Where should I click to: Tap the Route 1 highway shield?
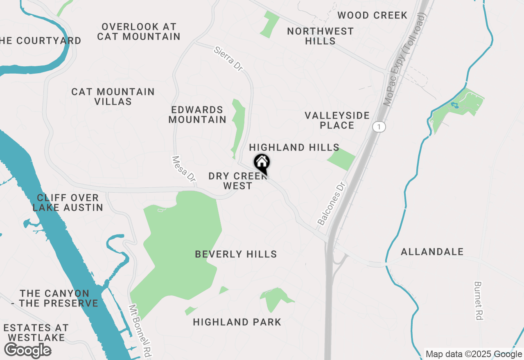click(379, 127)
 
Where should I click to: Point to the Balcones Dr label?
click(332, 203)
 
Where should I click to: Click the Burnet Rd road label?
click(479, 300)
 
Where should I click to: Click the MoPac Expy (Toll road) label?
click(405, 59)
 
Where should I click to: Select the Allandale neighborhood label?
click(432, 252)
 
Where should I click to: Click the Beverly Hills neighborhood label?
click(236, 254)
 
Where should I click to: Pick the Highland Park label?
click(237, 322)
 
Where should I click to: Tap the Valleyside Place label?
click(337, 120)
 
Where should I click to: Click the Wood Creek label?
click(372, 16)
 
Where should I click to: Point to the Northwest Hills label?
click(320, 36)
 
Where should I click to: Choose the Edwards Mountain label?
click(197, 115)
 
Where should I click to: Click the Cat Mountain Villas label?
click(113, 97)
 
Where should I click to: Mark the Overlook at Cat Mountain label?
click(139, 32)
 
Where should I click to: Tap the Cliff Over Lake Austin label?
click(68, 202)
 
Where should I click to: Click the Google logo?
click(27, 351)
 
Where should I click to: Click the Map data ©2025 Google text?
click(474, 354)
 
